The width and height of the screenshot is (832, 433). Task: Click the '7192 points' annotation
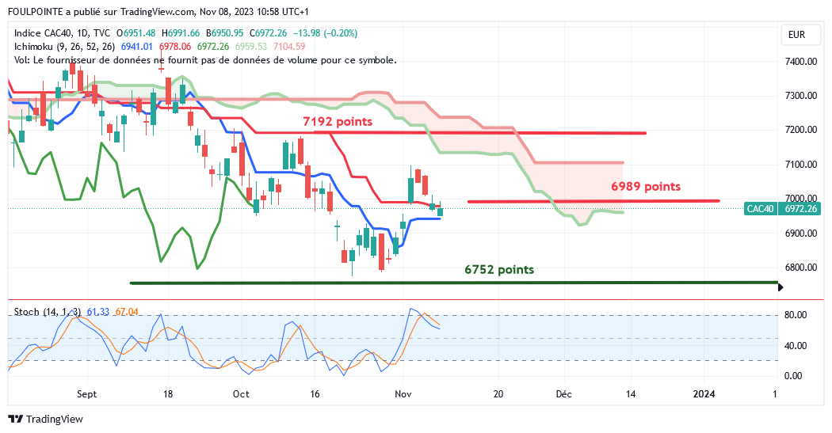(x=338, y=122)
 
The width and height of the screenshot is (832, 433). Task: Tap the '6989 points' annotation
(x=646, y=187)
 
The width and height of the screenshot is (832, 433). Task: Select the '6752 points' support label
(x=499, y=270)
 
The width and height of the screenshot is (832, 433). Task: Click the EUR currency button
(x=796, y=35)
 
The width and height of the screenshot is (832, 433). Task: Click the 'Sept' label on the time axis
(x=87, y=393)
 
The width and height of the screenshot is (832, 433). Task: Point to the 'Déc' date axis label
(x=564, y=393)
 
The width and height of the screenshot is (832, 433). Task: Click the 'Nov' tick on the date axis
(x=403, y=393)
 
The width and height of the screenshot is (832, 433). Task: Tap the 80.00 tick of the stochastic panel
(x=795, y=315)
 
